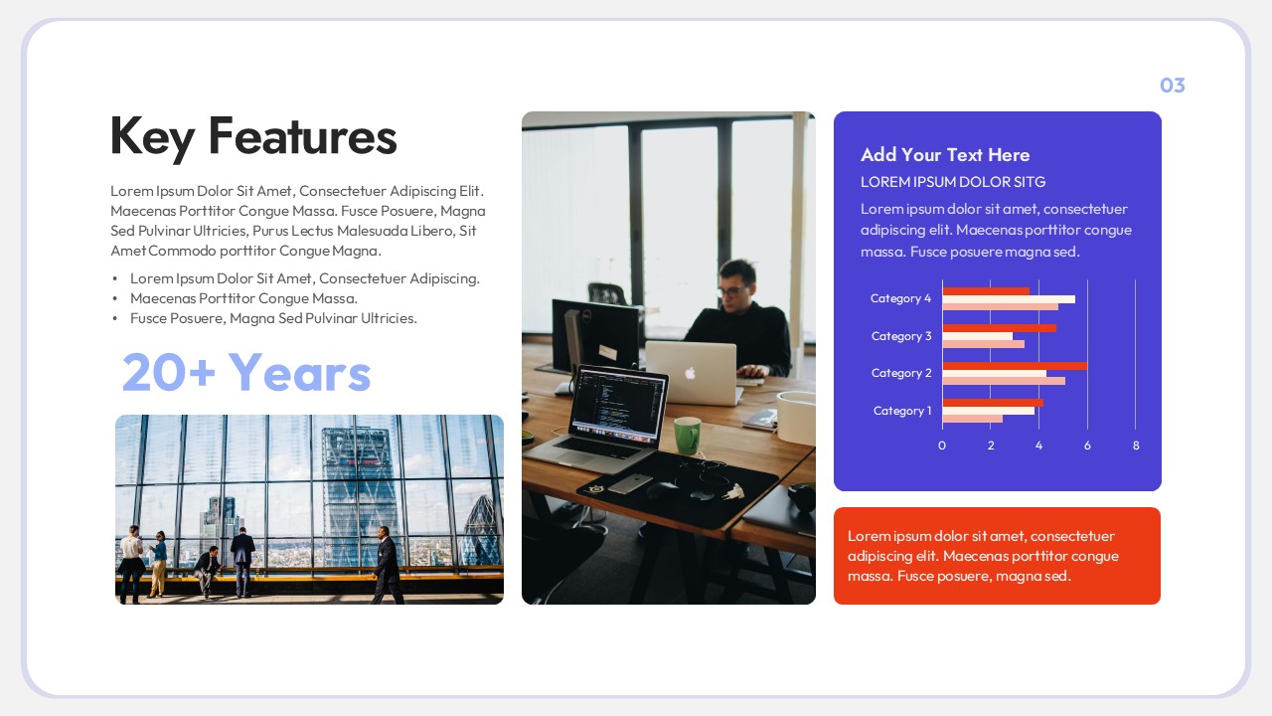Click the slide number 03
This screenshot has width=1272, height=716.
pos(1173,86)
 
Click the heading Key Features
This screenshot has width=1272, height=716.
pos(253,136)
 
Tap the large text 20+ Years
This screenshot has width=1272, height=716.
pos(246,373)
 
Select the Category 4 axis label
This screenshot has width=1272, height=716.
pos(900,298)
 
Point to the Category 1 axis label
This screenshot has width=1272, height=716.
pos(902,411)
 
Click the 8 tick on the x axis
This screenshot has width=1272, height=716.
pos(1136,446)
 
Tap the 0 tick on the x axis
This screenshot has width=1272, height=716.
pos(942,446)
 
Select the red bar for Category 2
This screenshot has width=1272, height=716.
pos(1014,366)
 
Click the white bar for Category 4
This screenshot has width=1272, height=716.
pos(1008,299)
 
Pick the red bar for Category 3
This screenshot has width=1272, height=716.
pos(999,328)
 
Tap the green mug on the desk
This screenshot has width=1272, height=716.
pos(687,435)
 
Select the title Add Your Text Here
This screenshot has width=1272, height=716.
pos(945,154)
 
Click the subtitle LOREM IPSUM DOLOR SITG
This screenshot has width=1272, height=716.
pos(953,182)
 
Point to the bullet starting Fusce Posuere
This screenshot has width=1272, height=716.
pos(273,318)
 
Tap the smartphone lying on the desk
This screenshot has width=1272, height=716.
pos(629,483)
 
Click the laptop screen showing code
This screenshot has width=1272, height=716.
pos(618,405)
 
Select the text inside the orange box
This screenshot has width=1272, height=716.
pos(983,556)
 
